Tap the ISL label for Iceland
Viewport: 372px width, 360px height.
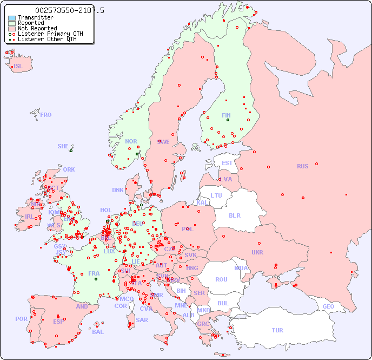[18, 67]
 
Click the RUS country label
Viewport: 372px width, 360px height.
[302, 166]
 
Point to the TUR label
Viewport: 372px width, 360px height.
[277, 330]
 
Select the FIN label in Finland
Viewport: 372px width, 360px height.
[226, 115]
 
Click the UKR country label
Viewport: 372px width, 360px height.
[257, 252]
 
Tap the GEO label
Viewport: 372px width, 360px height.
[328, 306]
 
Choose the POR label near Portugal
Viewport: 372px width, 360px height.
[21, 319]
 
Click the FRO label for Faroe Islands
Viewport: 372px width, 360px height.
[46, 115]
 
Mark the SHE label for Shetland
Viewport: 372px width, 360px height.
[63, 146]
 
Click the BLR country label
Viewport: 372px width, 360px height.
[234, 215]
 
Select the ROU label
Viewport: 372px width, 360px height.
[221, 279]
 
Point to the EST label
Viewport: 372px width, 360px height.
[227, 163]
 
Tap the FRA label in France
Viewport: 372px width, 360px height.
[94, 273]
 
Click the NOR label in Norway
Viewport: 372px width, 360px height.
[131, 141]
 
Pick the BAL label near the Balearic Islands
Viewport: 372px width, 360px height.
[97, 332]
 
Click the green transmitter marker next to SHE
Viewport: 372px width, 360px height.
[71, 150]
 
